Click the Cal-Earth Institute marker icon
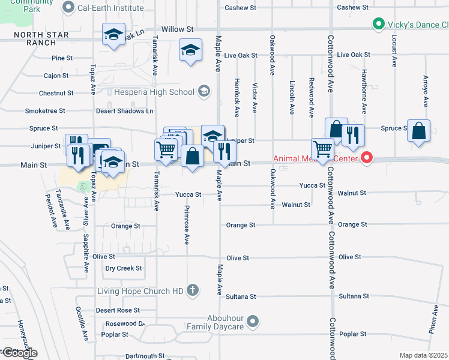pos(68,8)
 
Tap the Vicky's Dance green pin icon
pos(378,25)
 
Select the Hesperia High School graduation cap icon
pos(204,92)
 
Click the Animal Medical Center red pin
pos(366,158)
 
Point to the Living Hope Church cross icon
pos(193,291)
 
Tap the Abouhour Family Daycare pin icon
pos(253,322)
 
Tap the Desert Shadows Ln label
pos(125,111)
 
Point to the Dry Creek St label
pos(123,268)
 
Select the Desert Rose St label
pos(118,310)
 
